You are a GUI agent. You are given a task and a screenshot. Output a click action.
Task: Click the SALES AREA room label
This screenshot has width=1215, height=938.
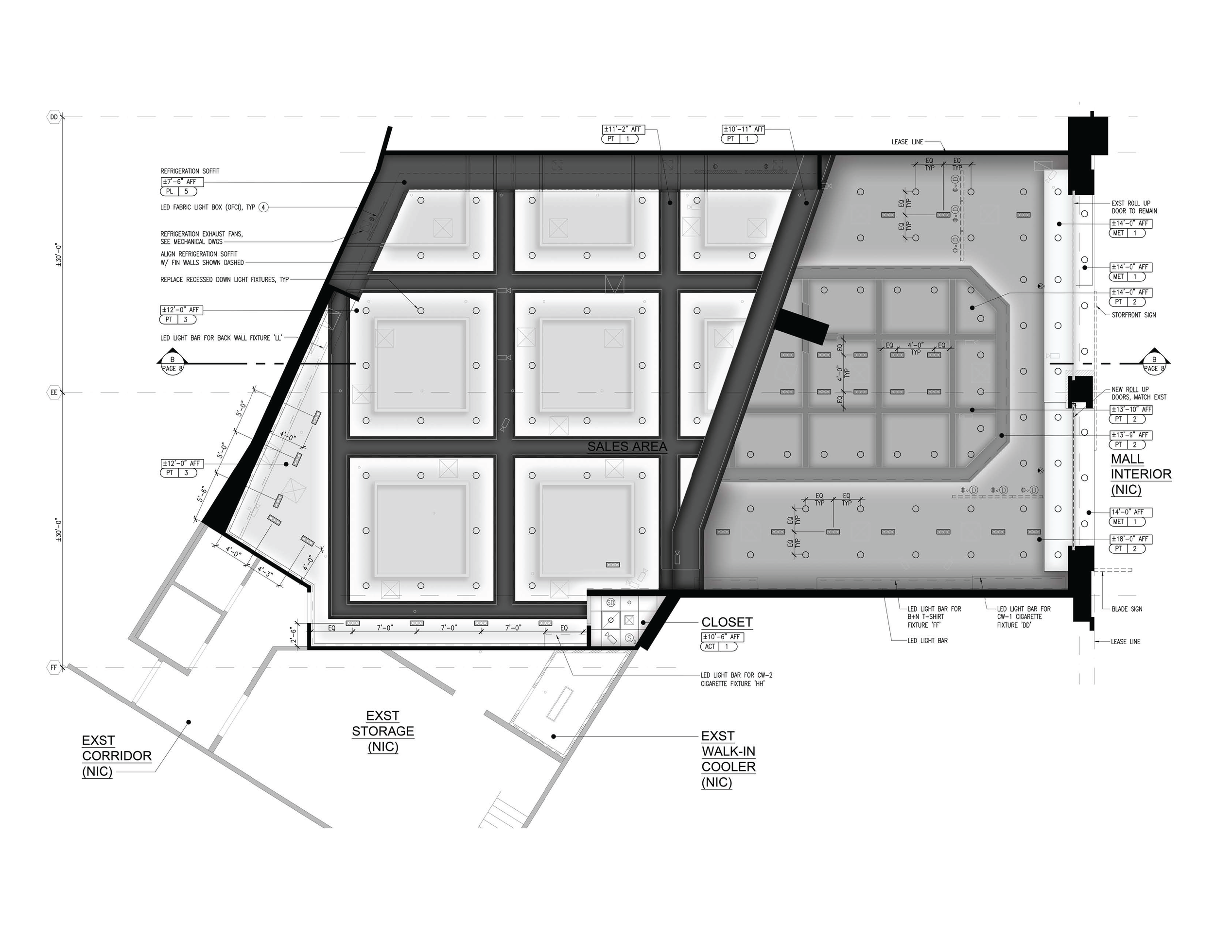[x=627, y=446]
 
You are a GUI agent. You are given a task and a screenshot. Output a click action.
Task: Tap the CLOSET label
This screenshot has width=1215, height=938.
[x=727, y=622]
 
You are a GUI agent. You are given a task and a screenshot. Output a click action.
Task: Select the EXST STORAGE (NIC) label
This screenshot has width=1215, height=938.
[x=383, y=731]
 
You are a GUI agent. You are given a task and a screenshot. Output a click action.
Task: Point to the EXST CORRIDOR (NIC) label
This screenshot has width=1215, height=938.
[x=116, y=756]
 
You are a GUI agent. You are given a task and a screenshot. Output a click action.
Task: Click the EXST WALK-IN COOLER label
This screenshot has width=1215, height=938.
[x=728, y=759]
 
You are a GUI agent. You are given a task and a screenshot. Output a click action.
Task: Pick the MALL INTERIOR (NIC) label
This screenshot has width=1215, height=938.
[x=1141, y=474]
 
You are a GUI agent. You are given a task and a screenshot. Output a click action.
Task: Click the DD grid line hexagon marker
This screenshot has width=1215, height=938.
[x=54, y=118]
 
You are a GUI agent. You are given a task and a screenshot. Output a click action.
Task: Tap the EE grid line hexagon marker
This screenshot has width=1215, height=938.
[x=54, y=392]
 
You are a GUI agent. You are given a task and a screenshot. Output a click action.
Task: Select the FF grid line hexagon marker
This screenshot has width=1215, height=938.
[x=54, y=667]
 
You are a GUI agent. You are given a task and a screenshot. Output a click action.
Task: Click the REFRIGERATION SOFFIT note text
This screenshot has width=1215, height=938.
[x=190, y=171]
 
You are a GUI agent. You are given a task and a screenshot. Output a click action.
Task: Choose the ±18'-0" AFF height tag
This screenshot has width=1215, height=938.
[x=1130, y=539]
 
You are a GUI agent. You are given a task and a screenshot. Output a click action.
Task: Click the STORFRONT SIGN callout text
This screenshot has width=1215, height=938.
[x=1133, y=315]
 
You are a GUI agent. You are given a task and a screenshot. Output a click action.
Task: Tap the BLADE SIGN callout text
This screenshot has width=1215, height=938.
[x=1127, y=609]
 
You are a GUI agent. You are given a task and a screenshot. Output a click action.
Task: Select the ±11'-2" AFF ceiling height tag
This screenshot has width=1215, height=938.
[x=623, y=129]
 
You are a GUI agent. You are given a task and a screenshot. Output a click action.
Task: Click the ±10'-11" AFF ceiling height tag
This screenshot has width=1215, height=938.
[x=743, y=129]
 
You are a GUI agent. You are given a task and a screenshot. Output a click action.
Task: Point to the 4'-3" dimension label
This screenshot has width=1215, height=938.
[x=265, y=572]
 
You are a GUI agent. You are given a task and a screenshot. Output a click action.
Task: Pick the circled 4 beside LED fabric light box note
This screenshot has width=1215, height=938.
[x=264, y=207]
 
